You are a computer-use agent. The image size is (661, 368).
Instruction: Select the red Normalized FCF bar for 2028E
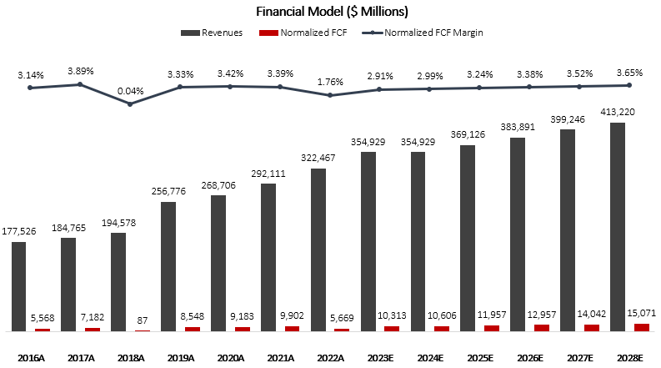pos(642,327)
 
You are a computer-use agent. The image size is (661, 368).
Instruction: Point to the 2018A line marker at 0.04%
pos(130,103)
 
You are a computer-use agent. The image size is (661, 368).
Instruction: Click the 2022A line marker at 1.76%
pos(330,95)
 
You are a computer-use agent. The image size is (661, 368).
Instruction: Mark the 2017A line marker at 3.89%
pos(80,83)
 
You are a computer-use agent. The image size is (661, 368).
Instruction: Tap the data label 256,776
pos(168,191)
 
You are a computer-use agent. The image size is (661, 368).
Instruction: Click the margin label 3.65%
pos(630,73)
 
